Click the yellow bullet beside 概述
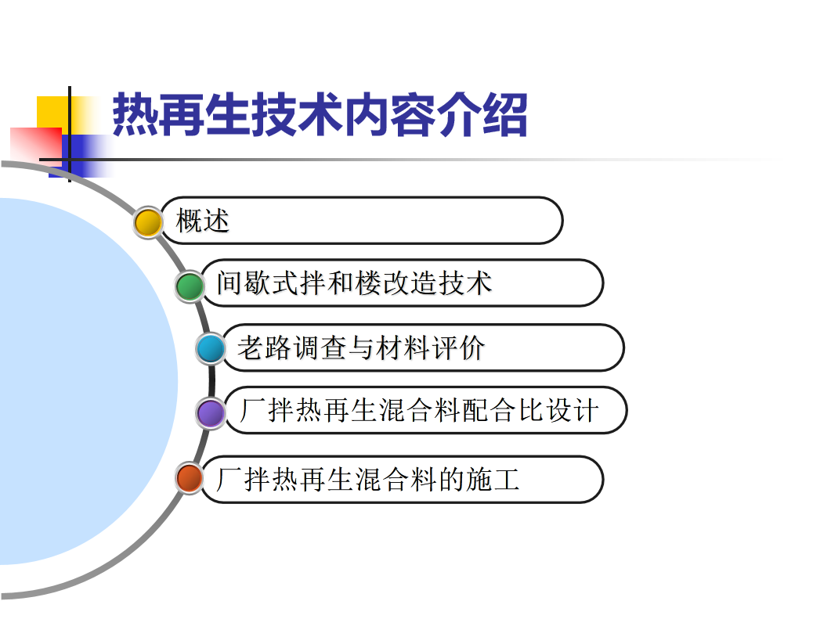[x=148, y=222]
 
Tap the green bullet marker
[x=190, y=286]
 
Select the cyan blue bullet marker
[x=211, y=349]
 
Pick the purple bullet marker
[x=211, y=413]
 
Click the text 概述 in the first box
[x=202, y=221]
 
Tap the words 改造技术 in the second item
[x=437, y=283]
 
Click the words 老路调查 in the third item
[x=292, y=348]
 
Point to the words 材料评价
[x=430, y=348]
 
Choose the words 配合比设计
[x=530, y=410]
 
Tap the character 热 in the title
[x=135, y=115]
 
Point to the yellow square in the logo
[x=53, y=112]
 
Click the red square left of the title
[x=36, y=143]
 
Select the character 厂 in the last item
[x=229, y=479]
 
